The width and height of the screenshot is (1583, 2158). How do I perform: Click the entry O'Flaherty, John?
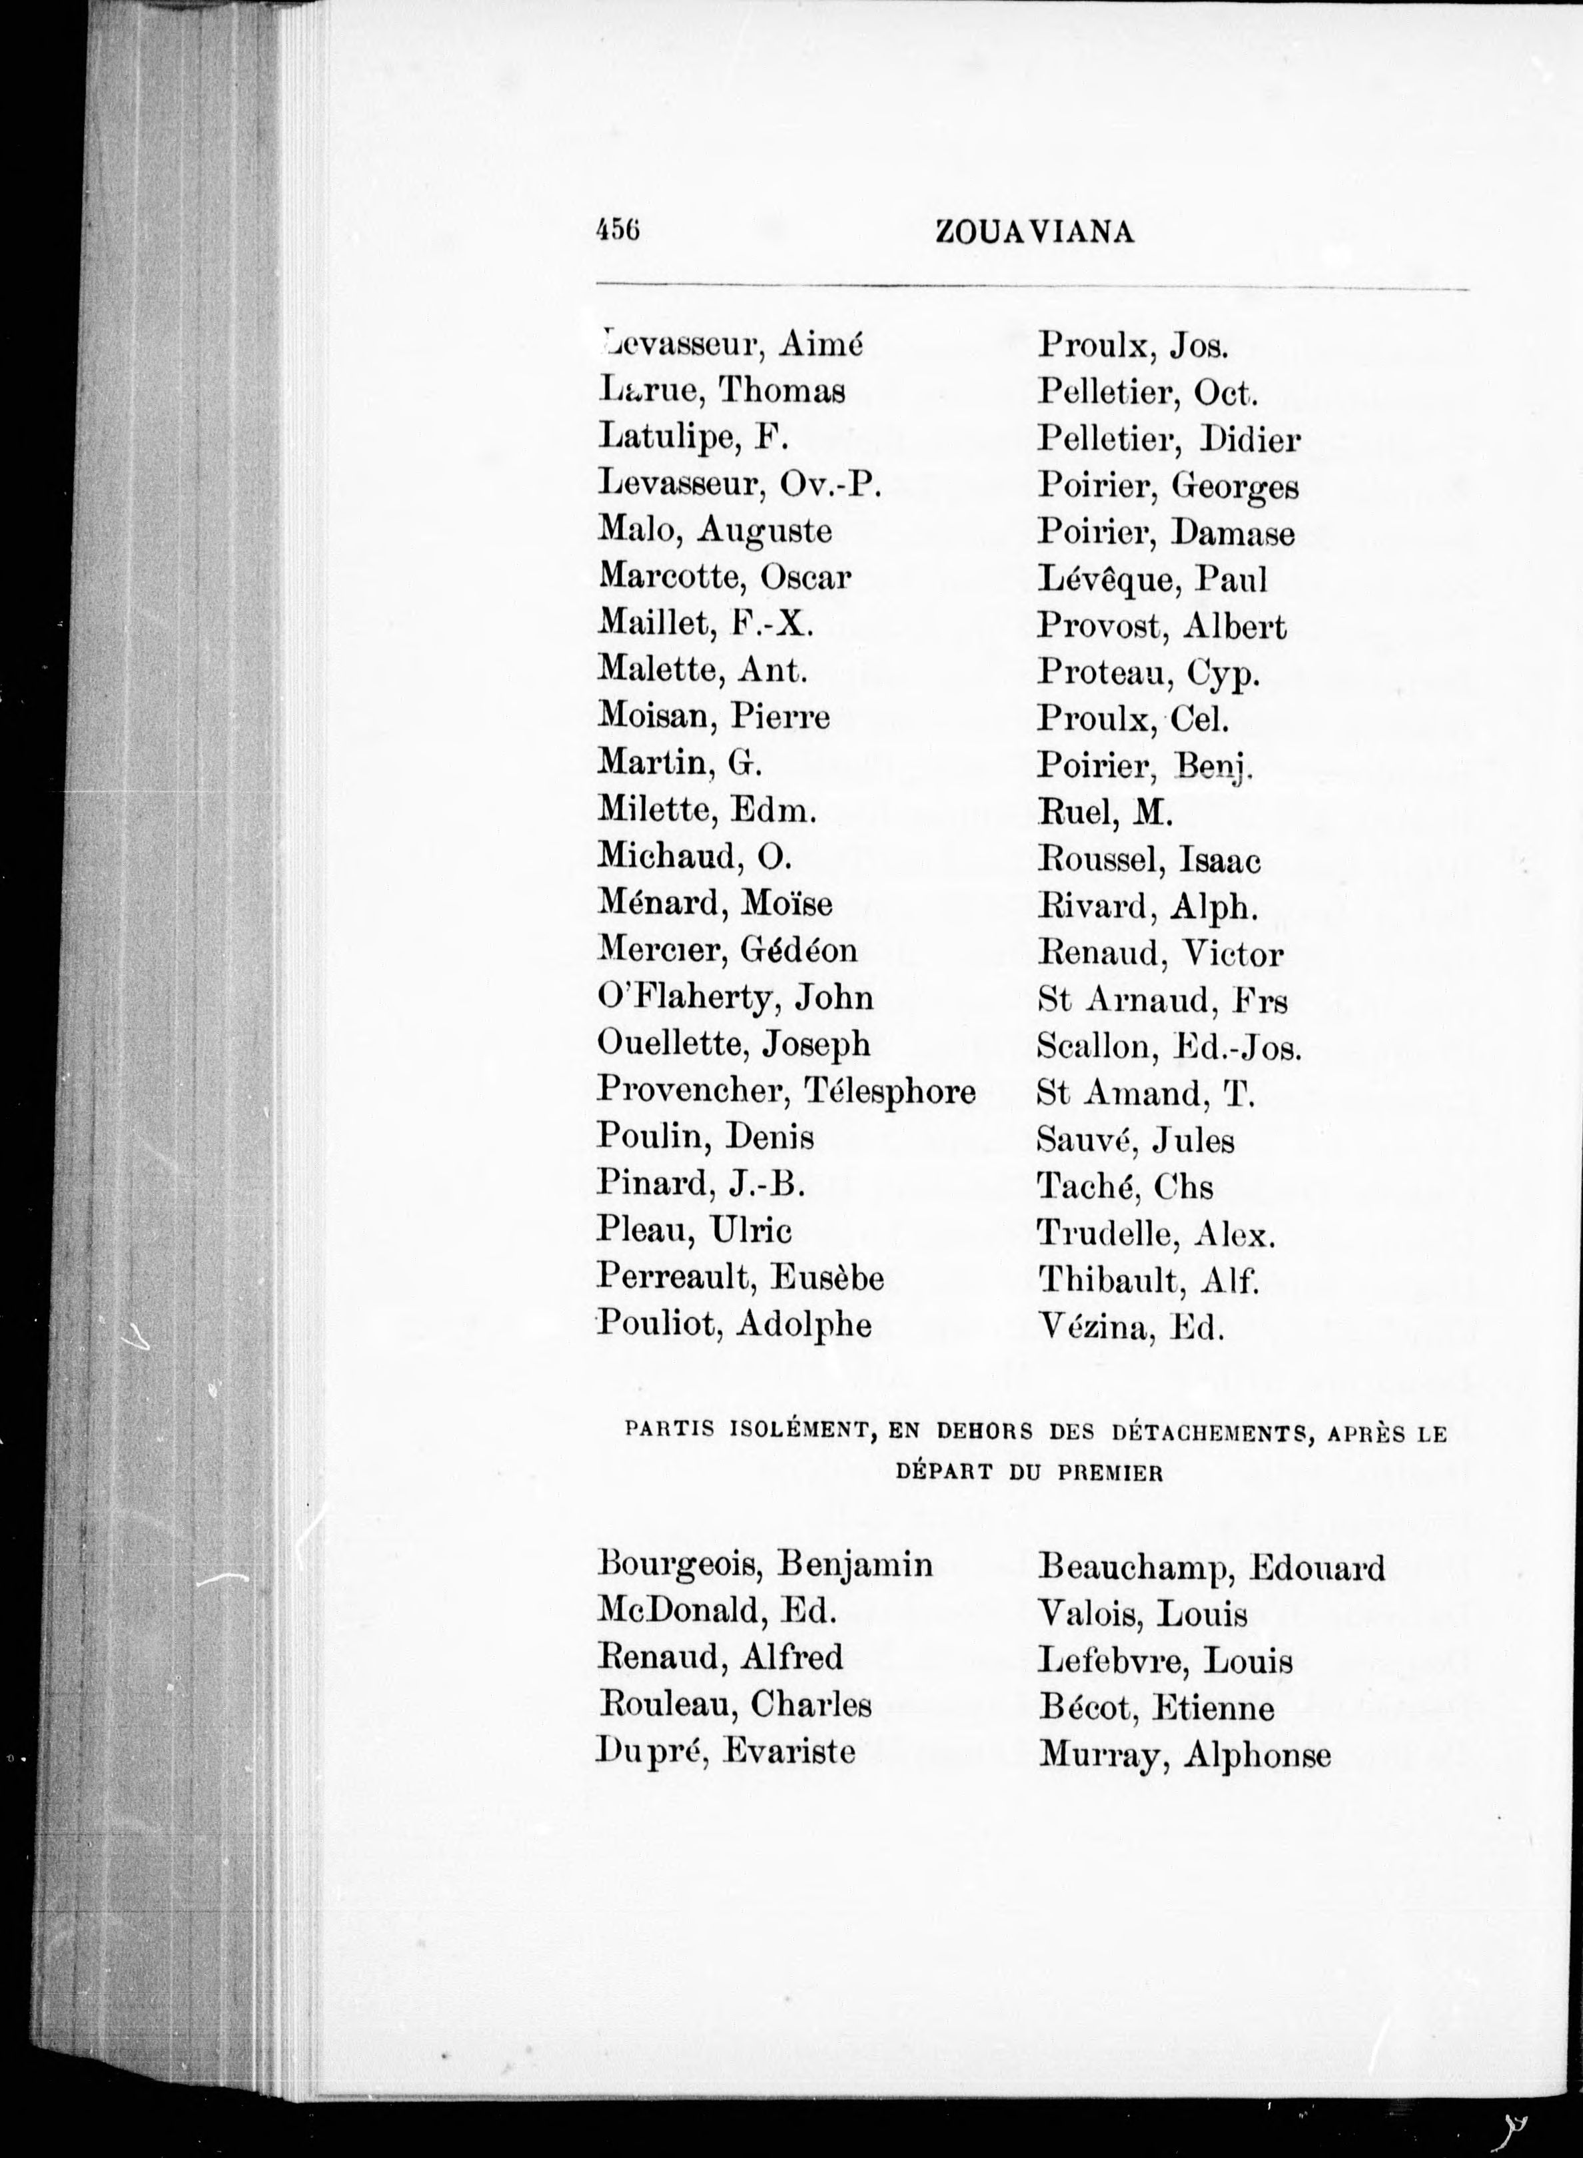pyautogui.click(x=735, y=998)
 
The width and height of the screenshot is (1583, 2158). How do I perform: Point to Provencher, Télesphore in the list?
pyautogui.click(x=786, y=1091)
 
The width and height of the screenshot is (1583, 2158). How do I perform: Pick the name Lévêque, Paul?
pyautogui.click(x=1152, y=579)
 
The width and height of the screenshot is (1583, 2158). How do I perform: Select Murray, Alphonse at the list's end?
pyautogui.click(x=1185, y=1754)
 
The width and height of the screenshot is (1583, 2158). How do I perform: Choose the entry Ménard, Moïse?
pyautogui.click(x=715, y=903)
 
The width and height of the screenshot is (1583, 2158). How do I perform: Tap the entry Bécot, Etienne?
pyautogui.click(x=1156, y=1707)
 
